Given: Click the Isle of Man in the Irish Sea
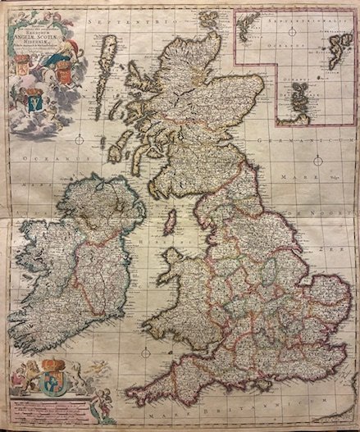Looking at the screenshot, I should point(170,221).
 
